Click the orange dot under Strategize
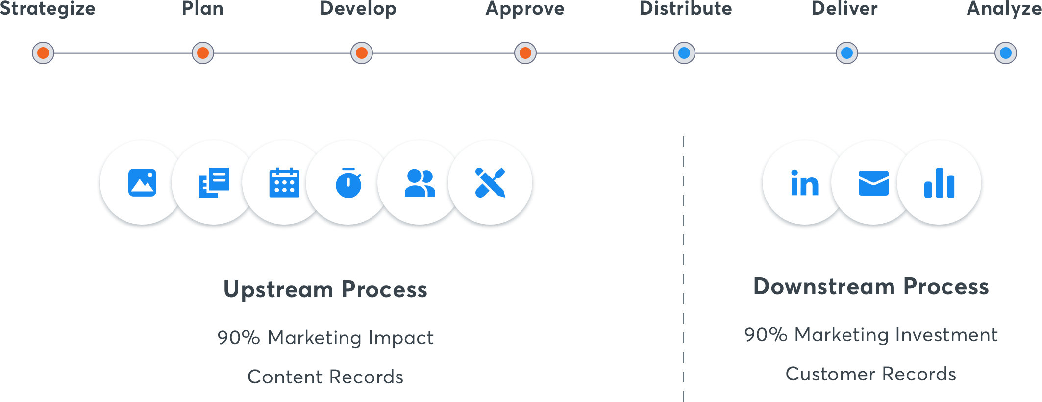[43, 53]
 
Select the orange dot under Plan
[203, 53]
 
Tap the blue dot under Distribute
[684, 53]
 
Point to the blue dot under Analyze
[1006, 53]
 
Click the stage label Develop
[358, 9]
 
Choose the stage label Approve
[525, 9]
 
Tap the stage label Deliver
[844, 8]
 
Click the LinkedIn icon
[805, 183]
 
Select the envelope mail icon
[873, 183]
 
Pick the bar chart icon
[939, 183]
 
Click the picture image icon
[142, 182]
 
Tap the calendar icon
[284, 182]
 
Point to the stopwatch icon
[348, 183]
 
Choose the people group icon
[420, 183]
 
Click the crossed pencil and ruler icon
[490, 183]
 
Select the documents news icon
[214, 182]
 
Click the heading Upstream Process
[325, 289]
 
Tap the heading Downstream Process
[871, 286]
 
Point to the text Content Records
[325, 377]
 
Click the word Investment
[945, 335]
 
